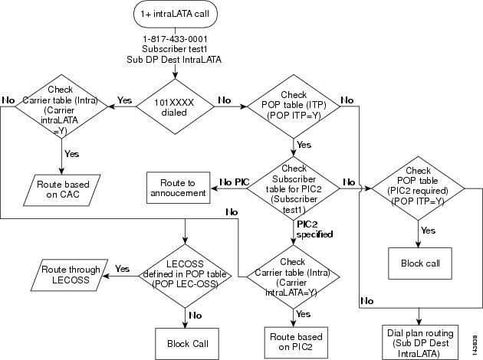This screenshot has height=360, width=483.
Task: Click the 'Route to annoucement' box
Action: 176,188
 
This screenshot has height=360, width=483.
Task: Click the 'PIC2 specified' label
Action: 314,228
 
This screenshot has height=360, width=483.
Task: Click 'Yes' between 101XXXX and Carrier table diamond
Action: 123,100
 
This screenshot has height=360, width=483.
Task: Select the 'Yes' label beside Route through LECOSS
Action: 122,268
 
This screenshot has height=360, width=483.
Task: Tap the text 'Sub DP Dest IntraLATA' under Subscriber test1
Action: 177,60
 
